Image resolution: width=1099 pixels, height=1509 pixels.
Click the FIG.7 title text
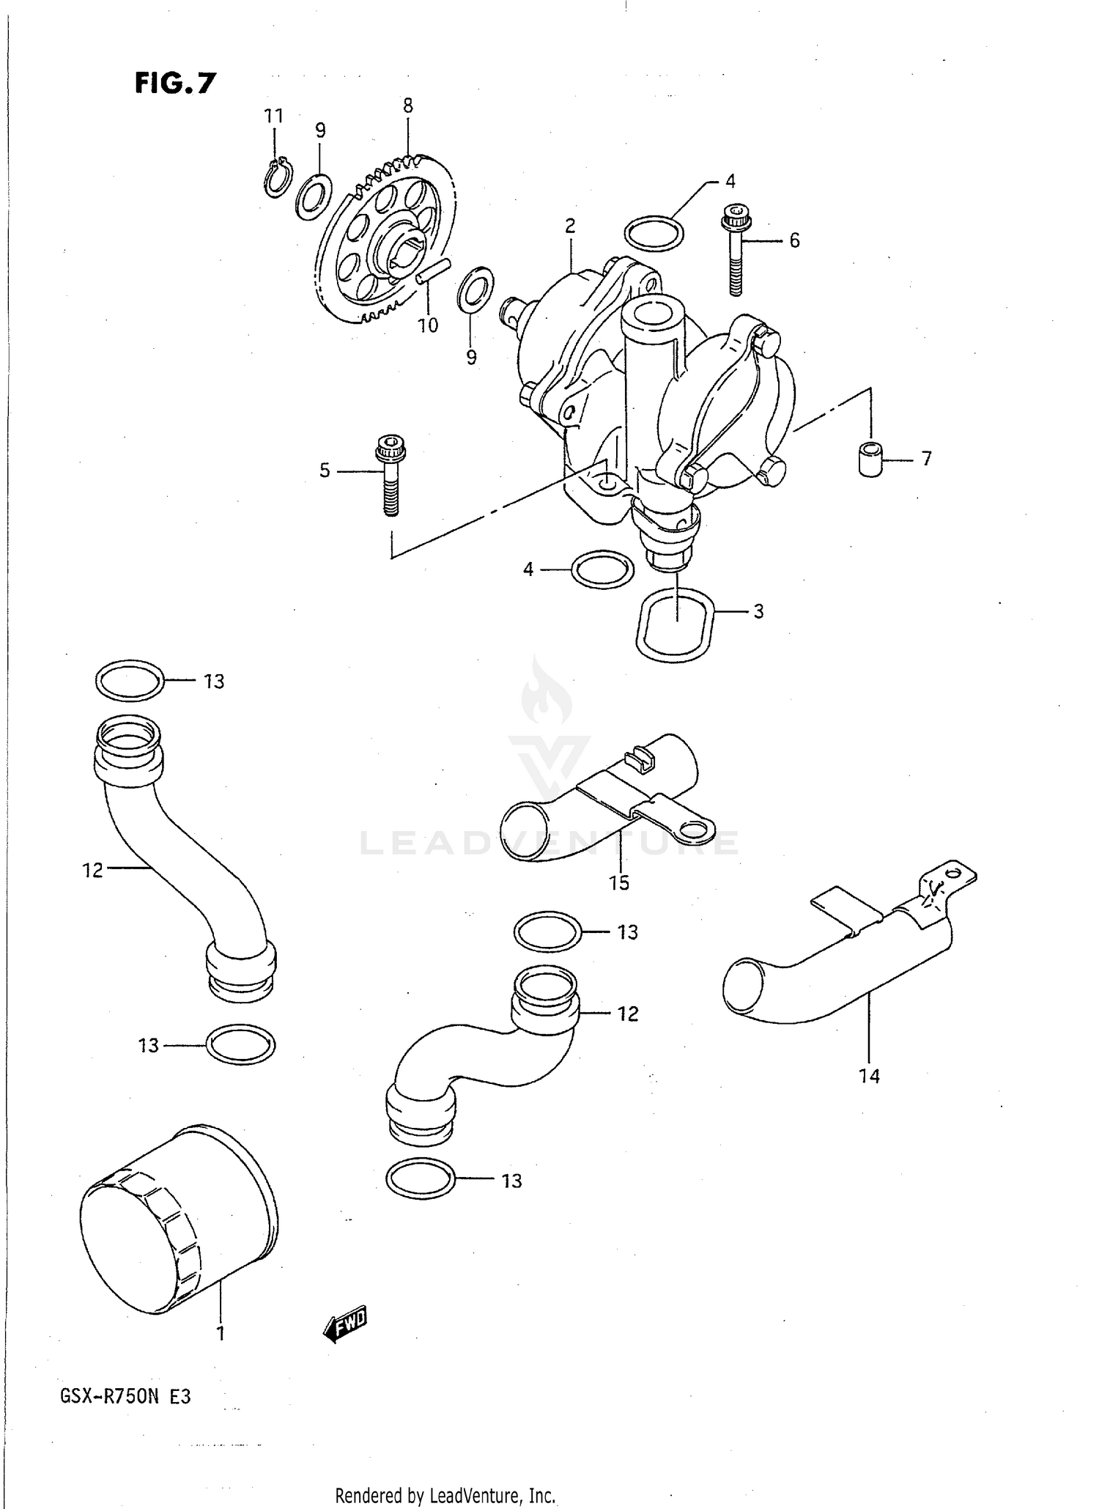point(175,84)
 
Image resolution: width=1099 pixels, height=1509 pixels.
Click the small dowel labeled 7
point(870,460)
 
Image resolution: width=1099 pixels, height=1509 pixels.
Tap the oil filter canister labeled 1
point(179,1221)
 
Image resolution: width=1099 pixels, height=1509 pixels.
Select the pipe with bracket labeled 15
point(608,806)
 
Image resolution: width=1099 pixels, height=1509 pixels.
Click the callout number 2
point(570,226)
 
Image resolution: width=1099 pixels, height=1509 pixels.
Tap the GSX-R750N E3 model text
point(125,1397)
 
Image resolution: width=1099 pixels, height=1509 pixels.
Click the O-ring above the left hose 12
point(130,680)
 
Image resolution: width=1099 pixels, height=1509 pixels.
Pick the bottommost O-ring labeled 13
point(420,1180)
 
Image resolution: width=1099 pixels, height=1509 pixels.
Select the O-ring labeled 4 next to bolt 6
point(654,233)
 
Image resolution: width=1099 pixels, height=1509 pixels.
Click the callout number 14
point(869,1076)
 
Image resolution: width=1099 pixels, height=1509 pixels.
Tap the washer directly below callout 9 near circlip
point(314,196)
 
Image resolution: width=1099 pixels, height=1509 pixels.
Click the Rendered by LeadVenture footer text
point(445,1495)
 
